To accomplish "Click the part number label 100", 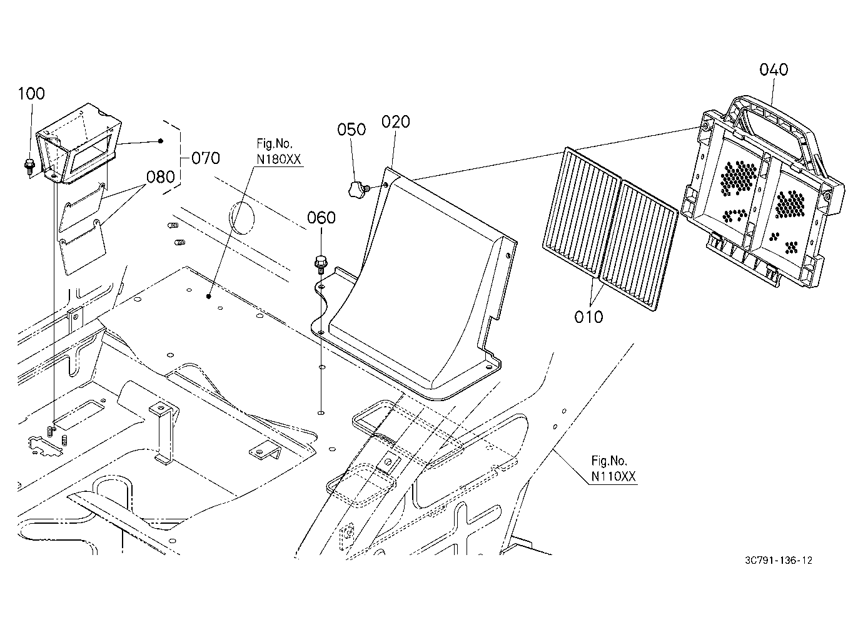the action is coord(32,94).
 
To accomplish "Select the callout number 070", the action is coord(206,158).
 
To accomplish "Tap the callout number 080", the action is coord(161,177).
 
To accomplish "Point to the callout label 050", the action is coord(351,130).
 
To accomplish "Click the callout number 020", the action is coord(396,122).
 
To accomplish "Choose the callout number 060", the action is coord(321,218).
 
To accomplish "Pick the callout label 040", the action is coord(774,70).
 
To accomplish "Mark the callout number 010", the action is coord(588,317).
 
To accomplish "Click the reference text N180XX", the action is coord(278,160).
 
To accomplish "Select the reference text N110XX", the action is coord(613,477).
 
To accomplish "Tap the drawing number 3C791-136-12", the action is coord(779,560).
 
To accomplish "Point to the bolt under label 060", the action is coord(320,264).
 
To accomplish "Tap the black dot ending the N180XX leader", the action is coord(208,297).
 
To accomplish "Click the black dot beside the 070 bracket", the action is coord(161,141).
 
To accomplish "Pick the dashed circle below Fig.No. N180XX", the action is coord(242,218).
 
